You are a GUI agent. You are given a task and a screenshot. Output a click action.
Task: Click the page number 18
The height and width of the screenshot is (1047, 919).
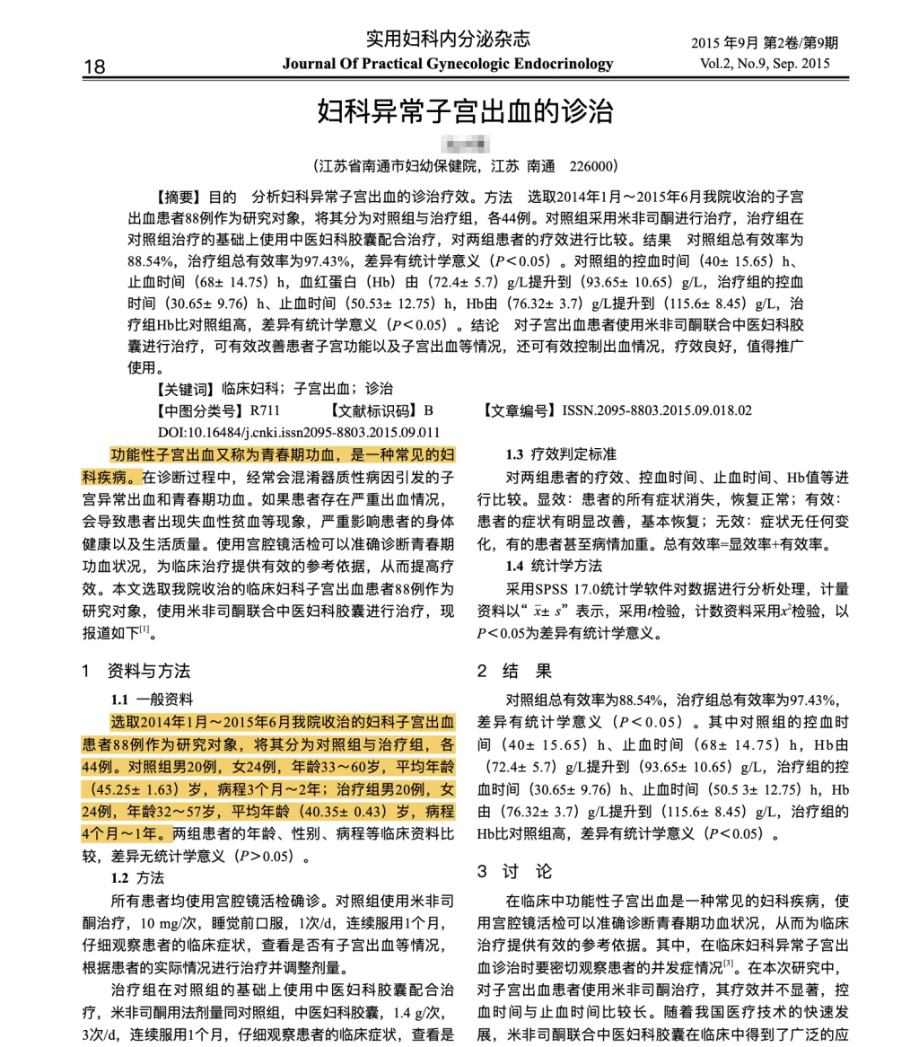pyautogui.click(x=94, y=66)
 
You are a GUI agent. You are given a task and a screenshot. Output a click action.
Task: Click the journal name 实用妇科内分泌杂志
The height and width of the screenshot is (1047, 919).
pyautogui.click(x=448, y=39)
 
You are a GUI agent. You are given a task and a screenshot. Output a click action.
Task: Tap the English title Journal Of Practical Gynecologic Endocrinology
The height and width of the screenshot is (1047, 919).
pyautogui.click(x=448, y=64)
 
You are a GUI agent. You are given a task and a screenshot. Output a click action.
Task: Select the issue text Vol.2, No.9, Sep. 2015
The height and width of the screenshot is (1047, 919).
pyautogui.click(x=765, y=64)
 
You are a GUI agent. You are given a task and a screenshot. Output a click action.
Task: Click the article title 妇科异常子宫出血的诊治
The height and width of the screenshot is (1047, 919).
pyautogui.click(x=466, y=113)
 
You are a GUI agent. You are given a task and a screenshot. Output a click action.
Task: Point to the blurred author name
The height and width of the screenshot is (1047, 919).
pyautogui.click(x=466, y=142)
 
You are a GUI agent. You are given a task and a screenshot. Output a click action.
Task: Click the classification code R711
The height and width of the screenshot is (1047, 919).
pyautogui.click(x=265, y=410)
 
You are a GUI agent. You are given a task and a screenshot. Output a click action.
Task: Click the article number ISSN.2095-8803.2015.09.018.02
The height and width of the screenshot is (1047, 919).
pyautogui.click(x=657, y=410)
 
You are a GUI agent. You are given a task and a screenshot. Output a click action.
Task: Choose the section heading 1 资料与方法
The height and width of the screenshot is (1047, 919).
pyautogui.click(x=136, y=672)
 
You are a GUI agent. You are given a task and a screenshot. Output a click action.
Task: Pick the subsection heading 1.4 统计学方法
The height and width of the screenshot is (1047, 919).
pyautogui.click(x=554, y=566)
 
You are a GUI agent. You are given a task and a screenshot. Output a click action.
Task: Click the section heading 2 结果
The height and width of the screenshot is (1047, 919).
pyautogui.click(x=514, y=672)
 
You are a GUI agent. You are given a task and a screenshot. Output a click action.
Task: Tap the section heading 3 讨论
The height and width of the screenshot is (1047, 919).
pyautogui.click(x=514, y=872)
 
